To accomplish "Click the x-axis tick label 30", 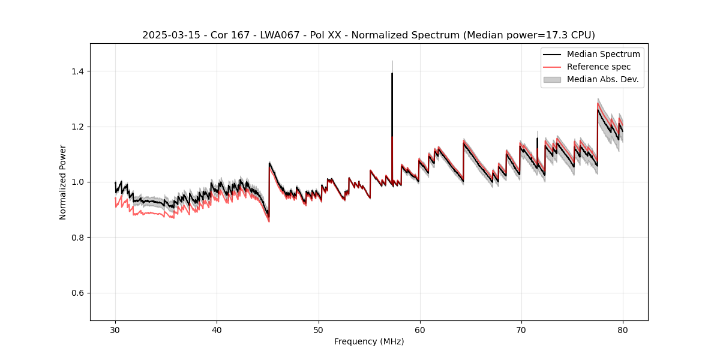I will tap(115, 329).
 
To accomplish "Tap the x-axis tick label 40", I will tap(217, 329).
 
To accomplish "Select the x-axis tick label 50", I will tap(318, 329).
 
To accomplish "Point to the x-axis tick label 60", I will tap(419, 329).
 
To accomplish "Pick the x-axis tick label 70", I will tap(521, 329).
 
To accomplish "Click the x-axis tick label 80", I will tap(622, 329).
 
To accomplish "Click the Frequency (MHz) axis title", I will tap(369, 341).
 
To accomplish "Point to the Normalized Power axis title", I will tap(63, 182).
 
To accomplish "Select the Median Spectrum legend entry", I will tap(603, 54).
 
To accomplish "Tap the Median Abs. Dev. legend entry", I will tap(602, 79).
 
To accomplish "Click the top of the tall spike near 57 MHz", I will tap(392, 73).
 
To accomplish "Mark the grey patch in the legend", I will tap(552, 79).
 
